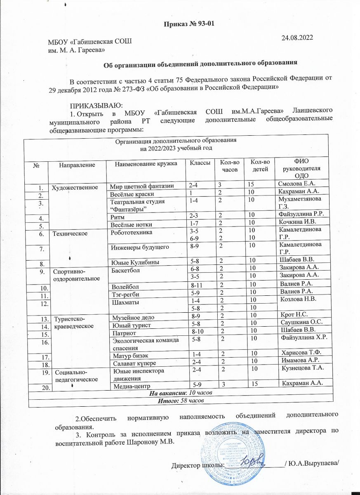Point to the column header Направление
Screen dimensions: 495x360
[77, 165]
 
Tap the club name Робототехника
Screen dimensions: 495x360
[129, 232]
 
